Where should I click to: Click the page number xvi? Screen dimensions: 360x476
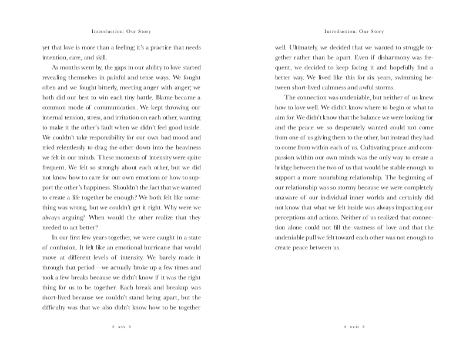(x=121, y=325)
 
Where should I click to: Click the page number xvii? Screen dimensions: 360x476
(x=354, y=325)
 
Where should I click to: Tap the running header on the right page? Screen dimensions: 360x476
(x=354, y=31)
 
